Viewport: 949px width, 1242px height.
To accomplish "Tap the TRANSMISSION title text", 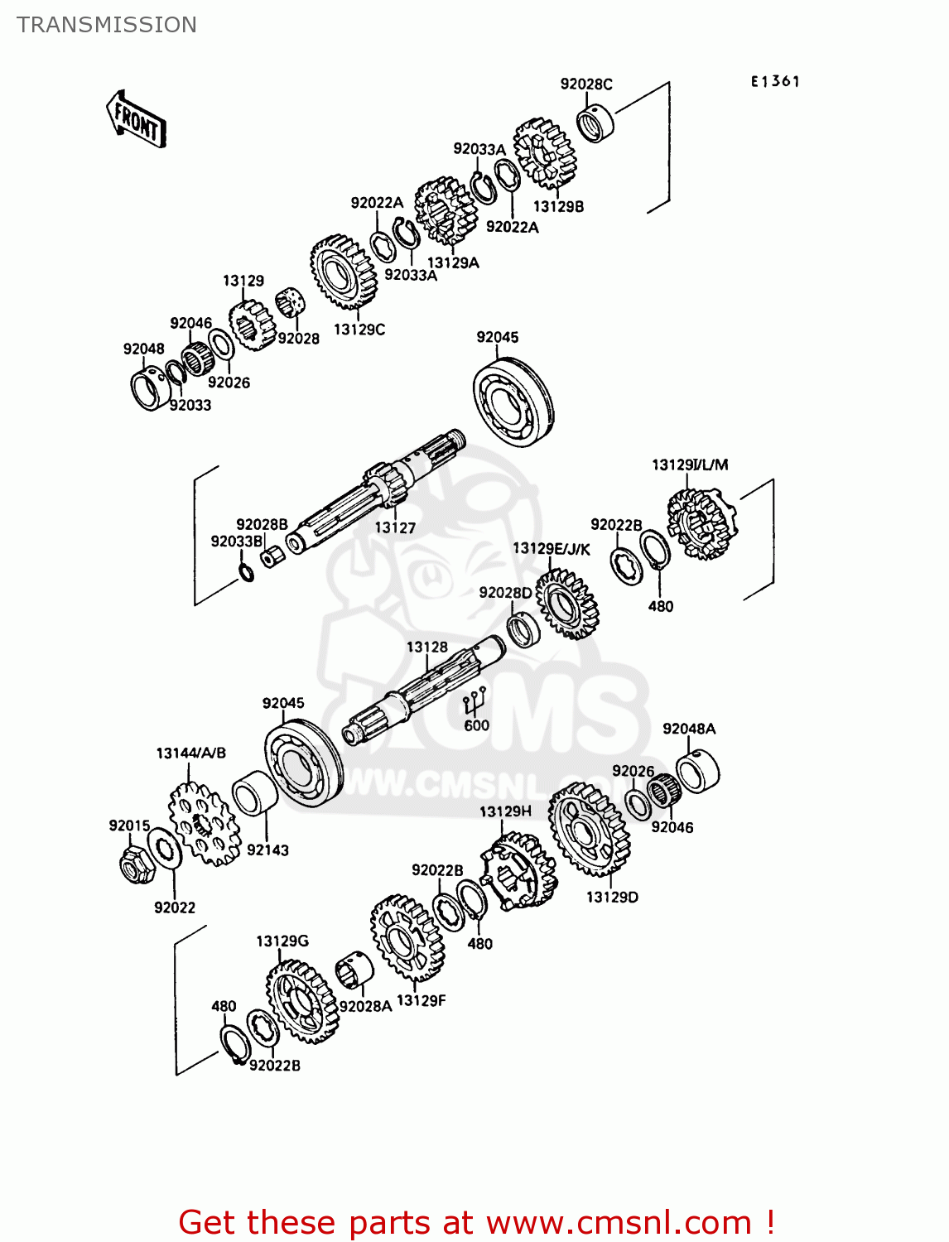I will (107, 25).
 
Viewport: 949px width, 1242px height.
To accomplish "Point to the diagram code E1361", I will (775, 81).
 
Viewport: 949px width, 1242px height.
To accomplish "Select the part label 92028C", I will (586, 84).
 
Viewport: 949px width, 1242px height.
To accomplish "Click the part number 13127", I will (395, 527).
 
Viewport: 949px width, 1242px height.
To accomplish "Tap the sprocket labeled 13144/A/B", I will (204, 824).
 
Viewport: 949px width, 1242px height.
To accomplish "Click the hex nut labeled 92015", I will (134, 864).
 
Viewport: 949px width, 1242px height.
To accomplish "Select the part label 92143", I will (267, 850).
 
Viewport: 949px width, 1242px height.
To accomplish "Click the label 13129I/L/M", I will (690, 465).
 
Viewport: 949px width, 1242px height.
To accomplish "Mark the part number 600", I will (476, 725).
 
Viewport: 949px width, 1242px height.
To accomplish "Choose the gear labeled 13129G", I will (303, 1002).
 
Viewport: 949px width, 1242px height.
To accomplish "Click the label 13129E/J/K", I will (552, 549).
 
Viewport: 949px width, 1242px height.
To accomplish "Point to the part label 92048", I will (144, 349).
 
